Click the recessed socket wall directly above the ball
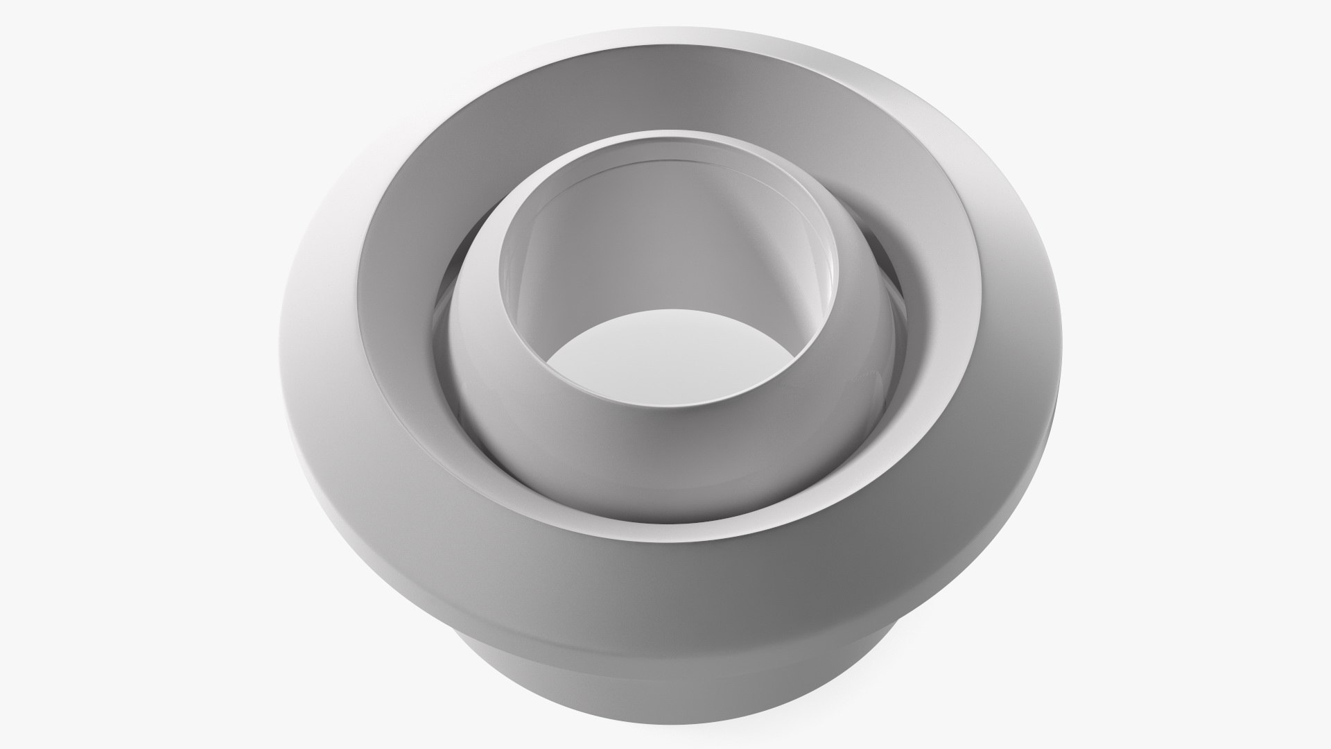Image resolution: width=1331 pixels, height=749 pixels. pyautogui.click(x=665, y=142)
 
